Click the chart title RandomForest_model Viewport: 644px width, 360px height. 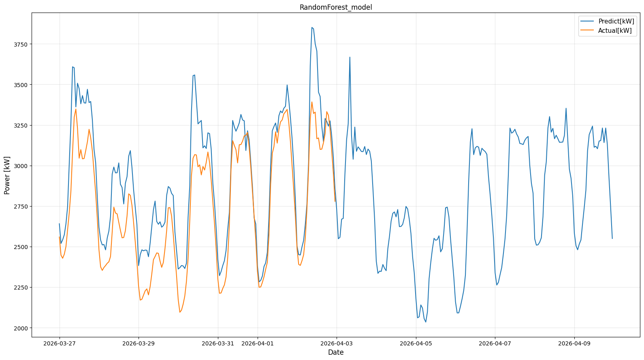click(336, 7)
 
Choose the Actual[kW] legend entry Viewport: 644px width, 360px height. click(614, 30)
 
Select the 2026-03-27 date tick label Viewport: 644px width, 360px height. click(60, 343)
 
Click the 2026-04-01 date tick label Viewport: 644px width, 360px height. click(258, 343)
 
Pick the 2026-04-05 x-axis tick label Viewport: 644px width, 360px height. click(416, 343)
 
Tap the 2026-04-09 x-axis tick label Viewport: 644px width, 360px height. click(574, 343)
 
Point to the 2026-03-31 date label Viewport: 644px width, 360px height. click(218, 343)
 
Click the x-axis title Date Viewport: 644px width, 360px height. click(336, 352)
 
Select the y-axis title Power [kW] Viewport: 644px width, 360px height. click(7, 175)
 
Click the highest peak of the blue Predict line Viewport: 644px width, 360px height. click(312, 28)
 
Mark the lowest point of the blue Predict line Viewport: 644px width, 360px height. click(426, 322)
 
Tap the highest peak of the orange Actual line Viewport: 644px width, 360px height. click(312, 102)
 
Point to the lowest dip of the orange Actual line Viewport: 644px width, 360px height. click(180, 312)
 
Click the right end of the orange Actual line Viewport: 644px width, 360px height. click(335, 201)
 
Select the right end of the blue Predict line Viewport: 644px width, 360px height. click(612, 239)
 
